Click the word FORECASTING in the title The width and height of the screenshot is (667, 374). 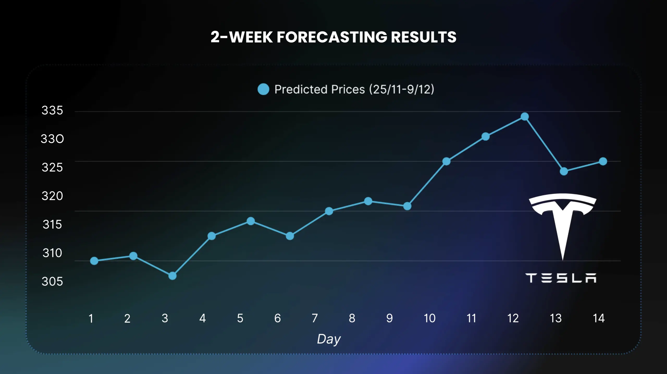click(x=332, y=37)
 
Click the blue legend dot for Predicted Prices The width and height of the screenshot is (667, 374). click(x=263, y=89)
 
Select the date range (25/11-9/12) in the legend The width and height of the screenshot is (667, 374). click(x=402, y=89)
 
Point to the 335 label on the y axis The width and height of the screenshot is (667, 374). click(x=52, y=110)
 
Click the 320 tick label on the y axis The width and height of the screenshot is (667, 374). click(x=52, y=196)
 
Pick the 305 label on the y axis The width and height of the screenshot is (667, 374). click(x=52, y=281)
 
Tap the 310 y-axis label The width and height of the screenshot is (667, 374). click(x=52, y=253)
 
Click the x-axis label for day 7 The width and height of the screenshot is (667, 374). click(x=315, y=318)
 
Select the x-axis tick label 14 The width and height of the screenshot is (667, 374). click(x=598, y=318)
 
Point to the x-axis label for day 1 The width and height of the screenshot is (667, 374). click(x=91, y=318)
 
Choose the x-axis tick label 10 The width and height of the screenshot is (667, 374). click(x=429, y=318)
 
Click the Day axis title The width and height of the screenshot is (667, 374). click(x=329, y=339)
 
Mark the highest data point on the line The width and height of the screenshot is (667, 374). click(x=525, y=117)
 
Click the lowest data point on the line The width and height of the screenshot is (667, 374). click(x=172, y=276)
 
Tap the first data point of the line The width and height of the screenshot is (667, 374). click(x=94, y=261)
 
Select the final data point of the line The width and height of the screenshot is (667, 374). click(x=603, y=161)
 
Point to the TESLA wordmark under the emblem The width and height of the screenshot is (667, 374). click(x=561, y=278)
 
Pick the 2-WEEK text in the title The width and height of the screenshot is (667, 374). click(x=241, y=37)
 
